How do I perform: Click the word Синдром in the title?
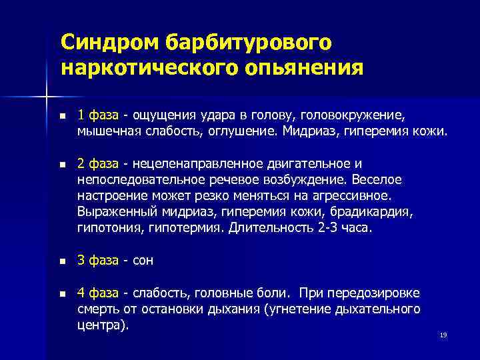[x=107, y=43]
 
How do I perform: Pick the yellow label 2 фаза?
[x=97, y=164]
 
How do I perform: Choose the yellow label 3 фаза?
[x=97, y=261]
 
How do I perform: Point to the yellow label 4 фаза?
[x=97, y=293]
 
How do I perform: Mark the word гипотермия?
[x=193, y=228]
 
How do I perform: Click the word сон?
[x=144, y=261]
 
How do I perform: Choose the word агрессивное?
[x=347, y=196]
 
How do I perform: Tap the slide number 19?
[x=443, y=335]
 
